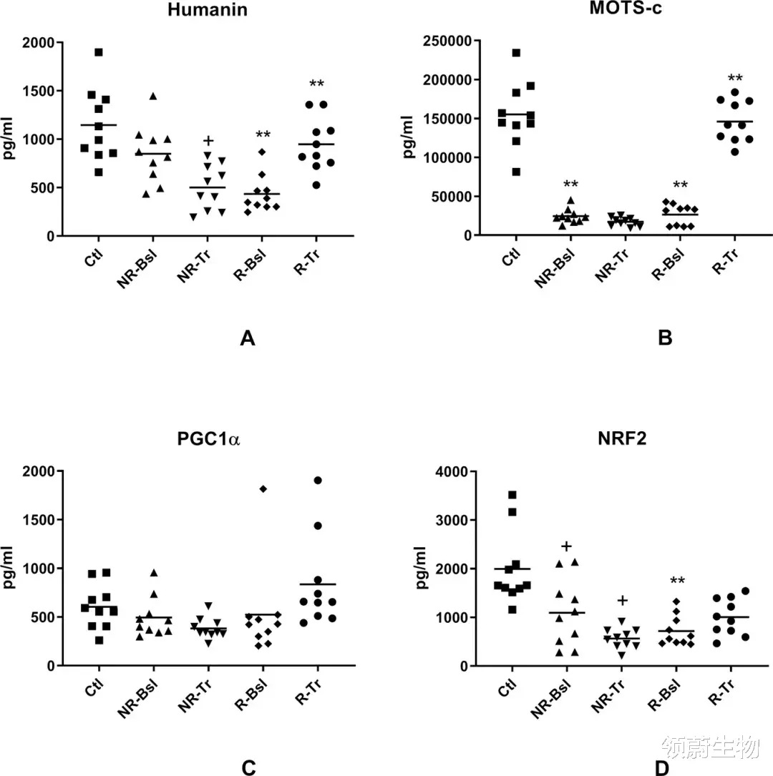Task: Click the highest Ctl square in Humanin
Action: [99, 52]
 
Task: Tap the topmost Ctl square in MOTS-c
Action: [515, 53]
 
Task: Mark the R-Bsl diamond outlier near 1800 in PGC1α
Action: [263, 489]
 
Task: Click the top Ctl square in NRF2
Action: [512, 495]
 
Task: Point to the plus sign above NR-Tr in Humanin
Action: [208, 141]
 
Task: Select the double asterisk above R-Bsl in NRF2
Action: [676, 580]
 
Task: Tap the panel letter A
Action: [248, 339]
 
